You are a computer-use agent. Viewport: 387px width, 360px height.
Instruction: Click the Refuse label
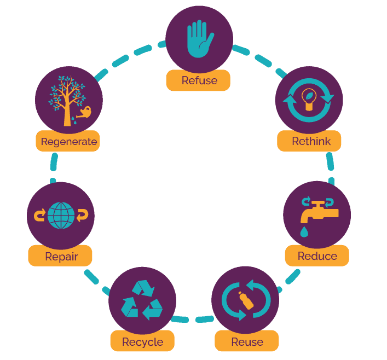point(199,80)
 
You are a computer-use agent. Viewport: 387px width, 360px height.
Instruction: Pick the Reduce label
point(317,256)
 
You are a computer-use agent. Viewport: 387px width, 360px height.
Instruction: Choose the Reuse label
point(247,342)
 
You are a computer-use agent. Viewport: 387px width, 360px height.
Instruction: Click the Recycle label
point(142,342)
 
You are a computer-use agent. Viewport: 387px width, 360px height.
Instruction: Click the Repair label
point(61,257)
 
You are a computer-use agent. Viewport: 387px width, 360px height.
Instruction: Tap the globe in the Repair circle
point(61,215)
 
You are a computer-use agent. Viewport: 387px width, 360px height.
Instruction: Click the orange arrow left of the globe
point(39,215)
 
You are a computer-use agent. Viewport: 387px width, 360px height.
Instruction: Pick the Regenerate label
point(68,142)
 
